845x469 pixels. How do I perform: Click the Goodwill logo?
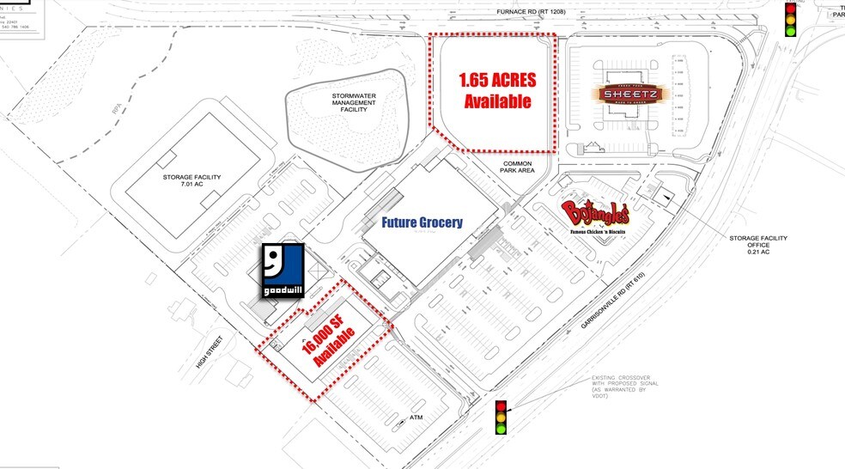click(x=283, y=271)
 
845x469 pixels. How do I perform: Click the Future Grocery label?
click(x=422, y=222)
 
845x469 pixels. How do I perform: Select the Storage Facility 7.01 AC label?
click(x=191, y=181)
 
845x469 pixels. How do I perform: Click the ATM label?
click(x=417, y=418)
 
